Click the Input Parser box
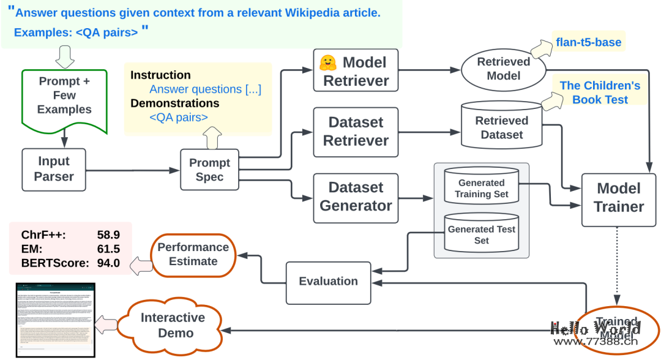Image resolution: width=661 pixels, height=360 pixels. pos(54,169)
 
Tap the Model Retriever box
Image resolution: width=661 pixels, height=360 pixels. pos(356,72)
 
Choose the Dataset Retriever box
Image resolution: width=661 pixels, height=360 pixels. pos(356,132)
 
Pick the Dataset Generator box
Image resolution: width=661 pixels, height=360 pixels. pos(356,197)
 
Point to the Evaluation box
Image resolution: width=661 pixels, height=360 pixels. pos(328,282)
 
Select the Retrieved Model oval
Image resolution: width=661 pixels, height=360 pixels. pos(504,69)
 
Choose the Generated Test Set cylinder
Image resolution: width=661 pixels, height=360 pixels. pos(481,234)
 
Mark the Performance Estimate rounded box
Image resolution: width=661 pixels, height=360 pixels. pos(193,254)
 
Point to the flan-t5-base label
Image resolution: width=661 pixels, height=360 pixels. pos(589,42)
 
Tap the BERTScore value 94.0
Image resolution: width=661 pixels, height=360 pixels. pos(108,264)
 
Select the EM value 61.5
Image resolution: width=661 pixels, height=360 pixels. pos(108,249)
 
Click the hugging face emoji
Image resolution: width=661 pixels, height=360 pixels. pos(328,62)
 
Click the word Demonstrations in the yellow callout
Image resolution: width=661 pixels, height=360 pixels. pos(174,103)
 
